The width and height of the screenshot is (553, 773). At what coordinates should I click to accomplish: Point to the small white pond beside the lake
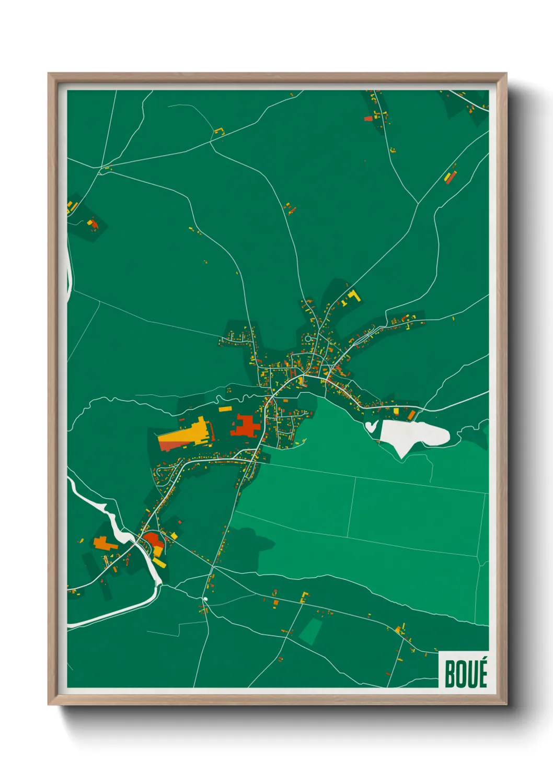pos(371,426)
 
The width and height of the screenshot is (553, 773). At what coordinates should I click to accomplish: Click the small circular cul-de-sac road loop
pos(308,338)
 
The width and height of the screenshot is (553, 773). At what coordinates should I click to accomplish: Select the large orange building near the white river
pos(105,543)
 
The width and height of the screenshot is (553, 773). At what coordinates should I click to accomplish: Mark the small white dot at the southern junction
pos(205,599)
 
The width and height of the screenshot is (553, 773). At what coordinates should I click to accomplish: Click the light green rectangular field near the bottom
pos(310,630)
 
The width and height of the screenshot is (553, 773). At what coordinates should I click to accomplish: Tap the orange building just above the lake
pos(411,415)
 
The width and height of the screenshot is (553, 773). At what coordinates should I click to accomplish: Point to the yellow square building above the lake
pos(396,412)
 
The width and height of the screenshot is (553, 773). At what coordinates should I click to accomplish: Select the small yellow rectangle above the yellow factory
pos(224,409)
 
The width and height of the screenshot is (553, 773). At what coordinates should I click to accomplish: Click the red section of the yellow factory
pos(170,446)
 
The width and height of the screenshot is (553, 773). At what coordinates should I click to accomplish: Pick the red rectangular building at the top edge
pos(368,119)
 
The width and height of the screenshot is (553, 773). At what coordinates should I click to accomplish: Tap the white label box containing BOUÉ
pos(464,670)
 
